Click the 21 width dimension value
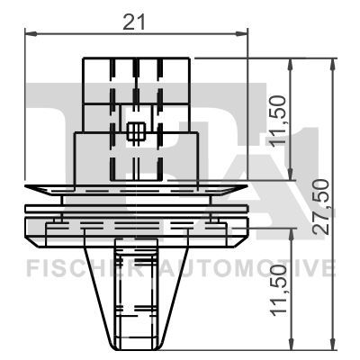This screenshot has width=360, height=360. (134, 23)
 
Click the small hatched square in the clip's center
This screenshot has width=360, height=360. (136, 133)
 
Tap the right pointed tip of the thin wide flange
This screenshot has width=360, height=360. (249, 187)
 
